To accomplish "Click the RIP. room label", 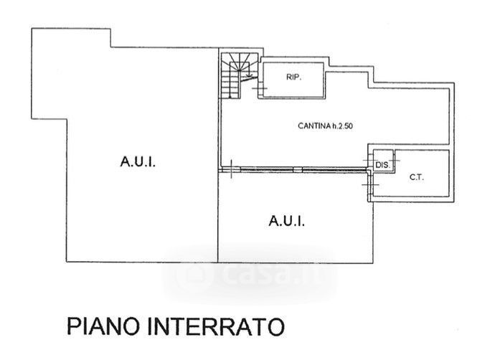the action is [293, 77].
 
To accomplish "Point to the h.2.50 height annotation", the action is [343, 126].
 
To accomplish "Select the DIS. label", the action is [382, 165].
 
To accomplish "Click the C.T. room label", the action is [417, 177].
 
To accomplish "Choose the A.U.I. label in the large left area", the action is [138, 161].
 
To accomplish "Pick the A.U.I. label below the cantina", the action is [286, 221].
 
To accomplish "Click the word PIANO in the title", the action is [103, 326].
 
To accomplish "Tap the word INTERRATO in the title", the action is [216, 326].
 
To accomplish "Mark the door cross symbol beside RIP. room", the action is [259, 88].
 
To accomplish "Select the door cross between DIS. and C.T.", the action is [394, 160].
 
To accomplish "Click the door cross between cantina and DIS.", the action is [369, 160].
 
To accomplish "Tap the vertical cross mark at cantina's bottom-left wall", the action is [232, 169].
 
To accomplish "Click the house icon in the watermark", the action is [194, 275].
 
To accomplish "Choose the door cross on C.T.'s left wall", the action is [370, 184].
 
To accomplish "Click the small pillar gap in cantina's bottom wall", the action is [298, 170].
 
